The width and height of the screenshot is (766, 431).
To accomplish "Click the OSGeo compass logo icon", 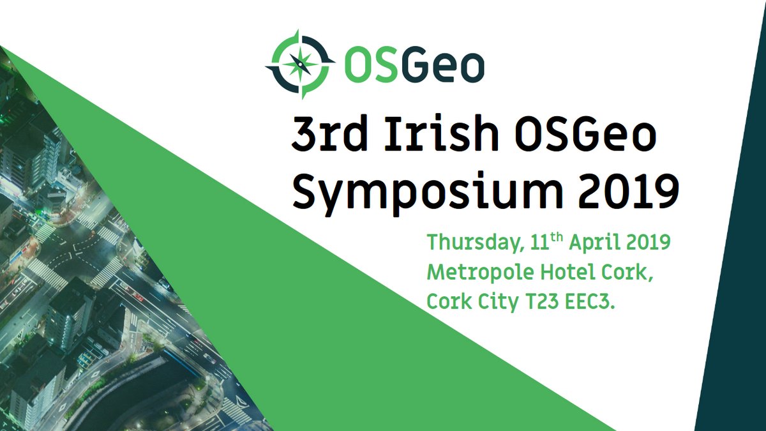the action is click(300, 64).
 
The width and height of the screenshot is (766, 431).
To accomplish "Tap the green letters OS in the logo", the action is click(370, 66).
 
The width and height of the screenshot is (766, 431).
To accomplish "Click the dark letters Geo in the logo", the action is click(443, 66).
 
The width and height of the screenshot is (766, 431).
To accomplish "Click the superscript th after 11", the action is click(557, 238).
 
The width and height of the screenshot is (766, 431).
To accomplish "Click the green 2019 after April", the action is click(647, 242).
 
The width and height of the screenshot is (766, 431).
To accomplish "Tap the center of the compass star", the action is click(299, 64).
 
